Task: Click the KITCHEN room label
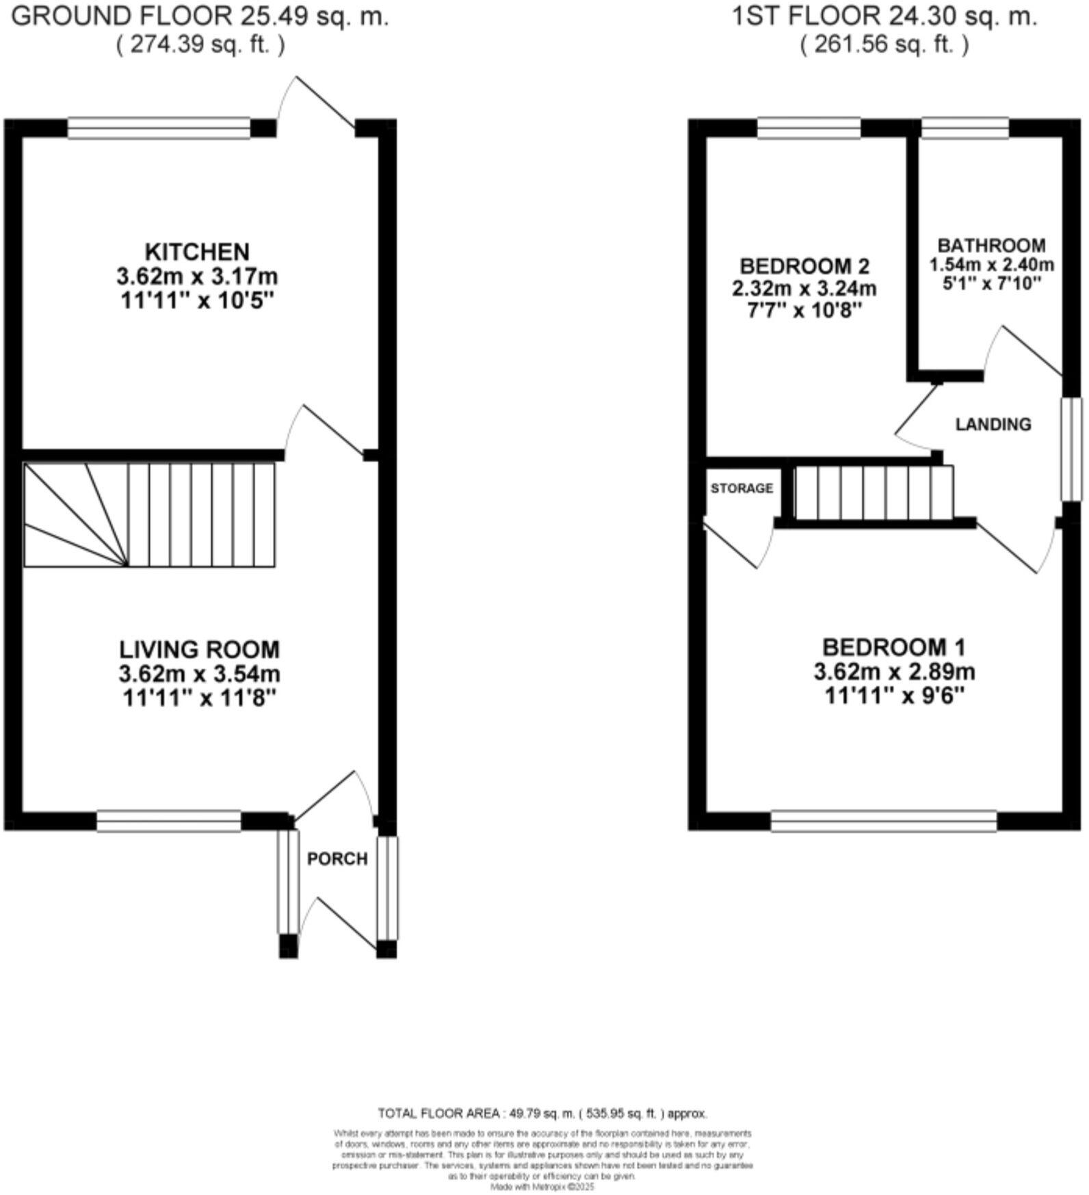point(197,252)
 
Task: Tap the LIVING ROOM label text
point(199,648)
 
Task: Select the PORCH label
point(337,858)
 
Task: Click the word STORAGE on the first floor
point(742,488)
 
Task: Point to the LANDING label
point(993,425)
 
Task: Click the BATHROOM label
point(991,246)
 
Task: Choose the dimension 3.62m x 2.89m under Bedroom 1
point(894,672)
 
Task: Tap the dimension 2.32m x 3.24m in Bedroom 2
point(804,288)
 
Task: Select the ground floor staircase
point(150,515)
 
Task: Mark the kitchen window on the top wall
point(159,128)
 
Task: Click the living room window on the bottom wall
point(169,821)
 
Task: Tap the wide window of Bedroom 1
point(883,821)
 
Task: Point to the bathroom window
point(965,128)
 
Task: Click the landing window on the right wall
point(1071,449)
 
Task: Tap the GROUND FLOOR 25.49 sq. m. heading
point(200,16)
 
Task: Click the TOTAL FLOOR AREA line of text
point(542,1114)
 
